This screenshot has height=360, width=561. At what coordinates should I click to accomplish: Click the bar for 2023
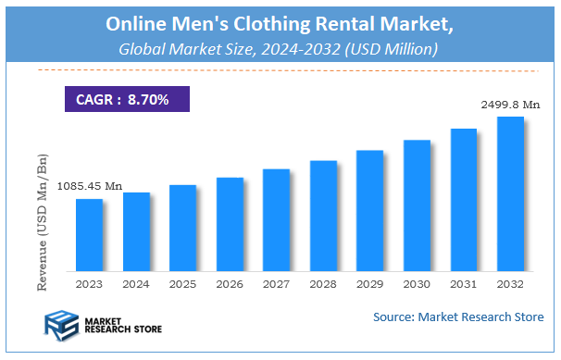click(x=89, y=235)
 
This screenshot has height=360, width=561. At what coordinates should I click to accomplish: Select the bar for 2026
click(x=230, y=225)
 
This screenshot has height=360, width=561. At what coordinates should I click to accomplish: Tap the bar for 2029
click(x=369, y=211)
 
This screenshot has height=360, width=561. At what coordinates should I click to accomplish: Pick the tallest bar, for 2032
click(x=510, y=194)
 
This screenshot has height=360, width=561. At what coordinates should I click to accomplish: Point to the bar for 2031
click(x=464, y=200)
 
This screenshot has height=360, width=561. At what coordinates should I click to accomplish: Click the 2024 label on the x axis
click(x=136, y=284)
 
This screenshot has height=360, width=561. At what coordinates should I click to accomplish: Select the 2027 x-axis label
click(x=276, y=284)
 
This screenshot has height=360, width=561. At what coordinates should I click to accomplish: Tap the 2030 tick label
click(x=417, y=284)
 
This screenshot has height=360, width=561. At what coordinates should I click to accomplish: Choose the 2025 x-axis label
click(x=182, y=284)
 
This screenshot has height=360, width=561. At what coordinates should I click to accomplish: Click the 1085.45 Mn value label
click(x=90, y=186)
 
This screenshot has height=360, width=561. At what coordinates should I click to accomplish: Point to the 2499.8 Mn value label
click(x=510, y=105)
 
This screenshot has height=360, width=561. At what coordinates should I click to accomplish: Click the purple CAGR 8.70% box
click(x=126, y=99)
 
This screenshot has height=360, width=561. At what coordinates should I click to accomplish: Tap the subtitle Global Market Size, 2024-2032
click(x=278, y=47)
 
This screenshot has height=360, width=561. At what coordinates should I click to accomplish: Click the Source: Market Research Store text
click(x=458, y=317)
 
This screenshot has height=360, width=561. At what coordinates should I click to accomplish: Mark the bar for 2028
click(x=323, y=217)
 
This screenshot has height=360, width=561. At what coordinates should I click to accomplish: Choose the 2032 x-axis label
click(x=510, y=284)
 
